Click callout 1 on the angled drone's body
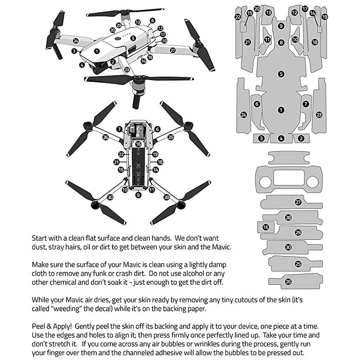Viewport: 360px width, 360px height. (97, 52)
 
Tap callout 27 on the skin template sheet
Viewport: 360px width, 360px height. (298, 202)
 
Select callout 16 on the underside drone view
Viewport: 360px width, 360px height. (139, 144)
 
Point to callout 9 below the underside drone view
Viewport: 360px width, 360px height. (139, 195)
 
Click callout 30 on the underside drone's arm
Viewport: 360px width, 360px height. (110, 197)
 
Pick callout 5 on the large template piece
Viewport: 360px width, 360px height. (281, 74)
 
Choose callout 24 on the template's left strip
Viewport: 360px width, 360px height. (243, 115)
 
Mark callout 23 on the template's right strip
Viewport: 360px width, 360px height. (319, 115)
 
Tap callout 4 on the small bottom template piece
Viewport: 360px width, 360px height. (281, 138)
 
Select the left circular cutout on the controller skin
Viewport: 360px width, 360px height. (265, 181)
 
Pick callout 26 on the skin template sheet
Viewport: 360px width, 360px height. (288, 282)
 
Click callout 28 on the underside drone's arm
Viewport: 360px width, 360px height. (166, 197)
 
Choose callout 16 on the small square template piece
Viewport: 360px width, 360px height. (266, 228)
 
